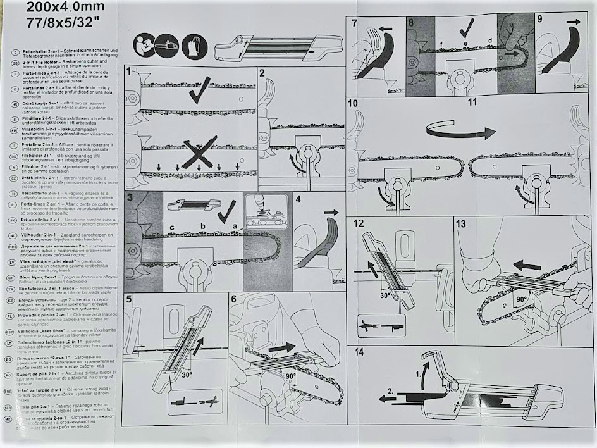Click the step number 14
pyautogui.click(x=359, y=352)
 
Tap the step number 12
pyautogui.click(x=359, y=223)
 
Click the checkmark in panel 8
pyautogui.click(x=467, y=28)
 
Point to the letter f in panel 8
pyautogui.click(x=441, y=43)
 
